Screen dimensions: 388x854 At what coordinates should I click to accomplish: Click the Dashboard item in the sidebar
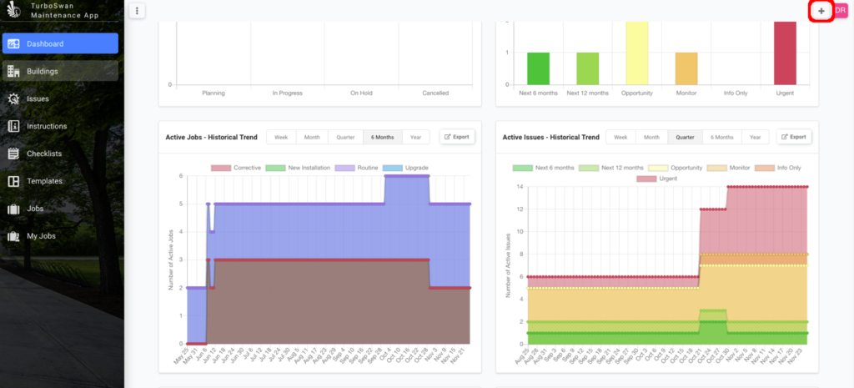60,43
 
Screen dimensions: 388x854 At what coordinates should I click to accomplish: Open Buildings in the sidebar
60,71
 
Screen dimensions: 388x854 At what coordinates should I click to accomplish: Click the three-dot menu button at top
138,11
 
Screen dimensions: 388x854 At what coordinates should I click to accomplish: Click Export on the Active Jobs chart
457,137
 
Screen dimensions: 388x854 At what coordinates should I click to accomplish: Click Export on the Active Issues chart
793,137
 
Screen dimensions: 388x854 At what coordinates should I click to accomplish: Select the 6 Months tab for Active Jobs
382,137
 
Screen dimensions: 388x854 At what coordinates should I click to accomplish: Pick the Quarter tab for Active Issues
686,137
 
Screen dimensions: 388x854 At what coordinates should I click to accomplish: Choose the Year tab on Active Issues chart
754,137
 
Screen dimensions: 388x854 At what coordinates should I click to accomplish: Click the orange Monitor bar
686,68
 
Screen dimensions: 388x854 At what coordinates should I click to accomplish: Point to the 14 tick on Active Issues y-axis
520,187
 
